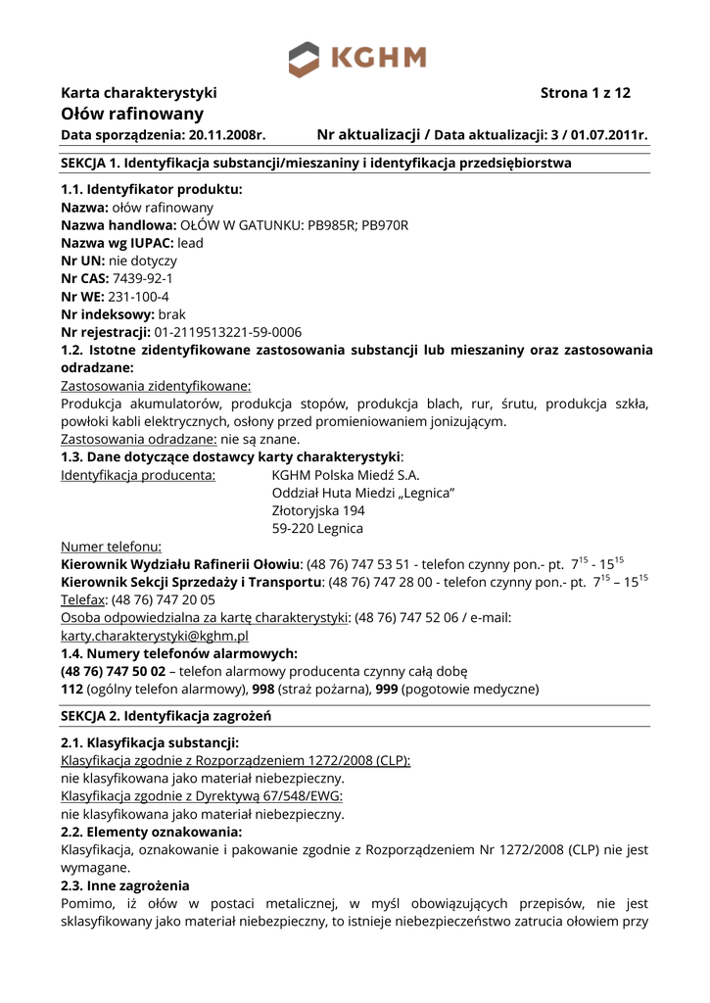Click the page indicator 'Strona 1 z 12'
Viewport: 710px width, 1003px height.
[x=585, y=94]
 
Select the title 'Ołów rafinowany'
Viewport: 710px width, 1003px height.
[x=132, y=115]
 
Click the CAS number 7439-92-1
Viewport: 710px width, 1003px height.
[x=143, y=278]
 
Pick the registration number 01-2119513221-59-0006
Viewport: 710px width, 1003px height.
[x=227, y=331]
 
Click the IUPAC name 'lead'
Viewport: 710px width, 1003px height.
[x=192, y=243]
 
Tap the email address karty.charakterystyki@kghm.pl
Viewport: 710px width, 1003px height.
[x=154, y=636]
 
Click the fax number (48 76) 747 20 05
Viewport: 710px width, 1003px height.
[x=166, y=599]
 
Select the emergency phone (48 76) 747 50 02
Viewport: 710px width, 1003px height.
[x=114, y=672]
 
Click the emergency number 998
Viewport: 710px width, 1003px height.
[x=263, y=690]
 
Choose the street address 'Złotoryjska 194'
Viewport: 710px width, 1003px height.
[x=318, y=510]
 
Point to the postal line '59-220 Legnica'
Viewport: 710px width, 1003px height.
[x=317, y=529]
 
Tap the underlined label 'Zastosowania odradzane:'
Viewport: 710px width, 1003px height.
[x=139, y=439]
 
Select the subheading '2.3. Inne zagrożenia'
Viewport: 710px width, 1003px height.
[x=125, y=885]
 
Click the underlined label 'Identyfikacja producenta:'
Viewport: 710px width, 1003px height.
[x=139, y=475]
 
